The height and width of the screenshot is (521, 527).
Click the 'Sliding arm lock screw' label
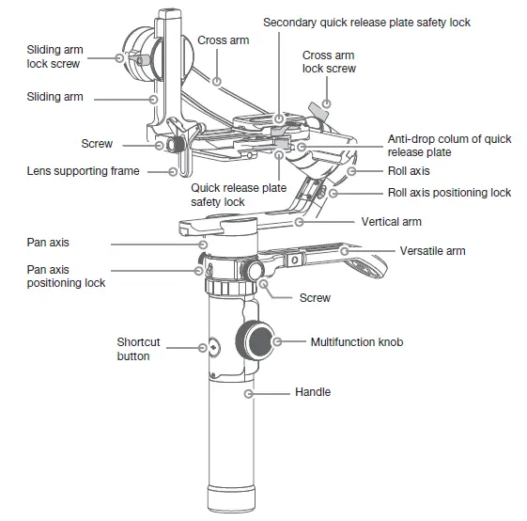point(54,56)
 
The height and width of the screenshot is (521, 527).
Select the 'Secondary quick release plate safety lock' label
point(366,22)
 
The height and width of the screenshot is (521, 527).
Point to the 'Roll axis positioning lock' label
point(449,192)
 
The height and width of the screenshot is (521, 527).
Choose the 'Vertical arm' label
point(391,222)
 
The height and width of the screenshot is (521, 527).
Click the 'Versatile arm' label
point(432,251)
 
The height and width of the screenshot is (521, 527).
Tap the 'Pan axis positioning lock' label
point(66,276)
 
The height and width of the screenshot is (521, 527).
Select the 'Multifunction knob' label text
point(356,341)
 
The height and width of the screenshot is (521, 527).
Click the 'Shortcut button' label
point(138,349)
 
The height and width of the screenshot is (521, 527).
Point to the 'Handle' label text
point(313,391)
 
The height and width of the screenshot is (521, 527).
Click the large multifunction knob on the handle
point(255,339)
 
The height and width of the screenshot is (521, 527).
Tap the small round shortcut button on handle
point(212,347)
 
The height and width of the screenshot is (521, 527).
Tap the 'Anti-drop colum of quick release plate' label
point(449,145)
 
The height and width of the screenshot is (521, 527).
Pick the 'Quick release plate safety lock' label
point(239,195)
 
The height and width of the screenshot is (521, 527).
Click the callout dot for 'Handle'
point(249,391)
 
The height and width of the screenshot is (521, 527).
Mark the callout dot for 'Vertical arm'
point(299,223)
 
